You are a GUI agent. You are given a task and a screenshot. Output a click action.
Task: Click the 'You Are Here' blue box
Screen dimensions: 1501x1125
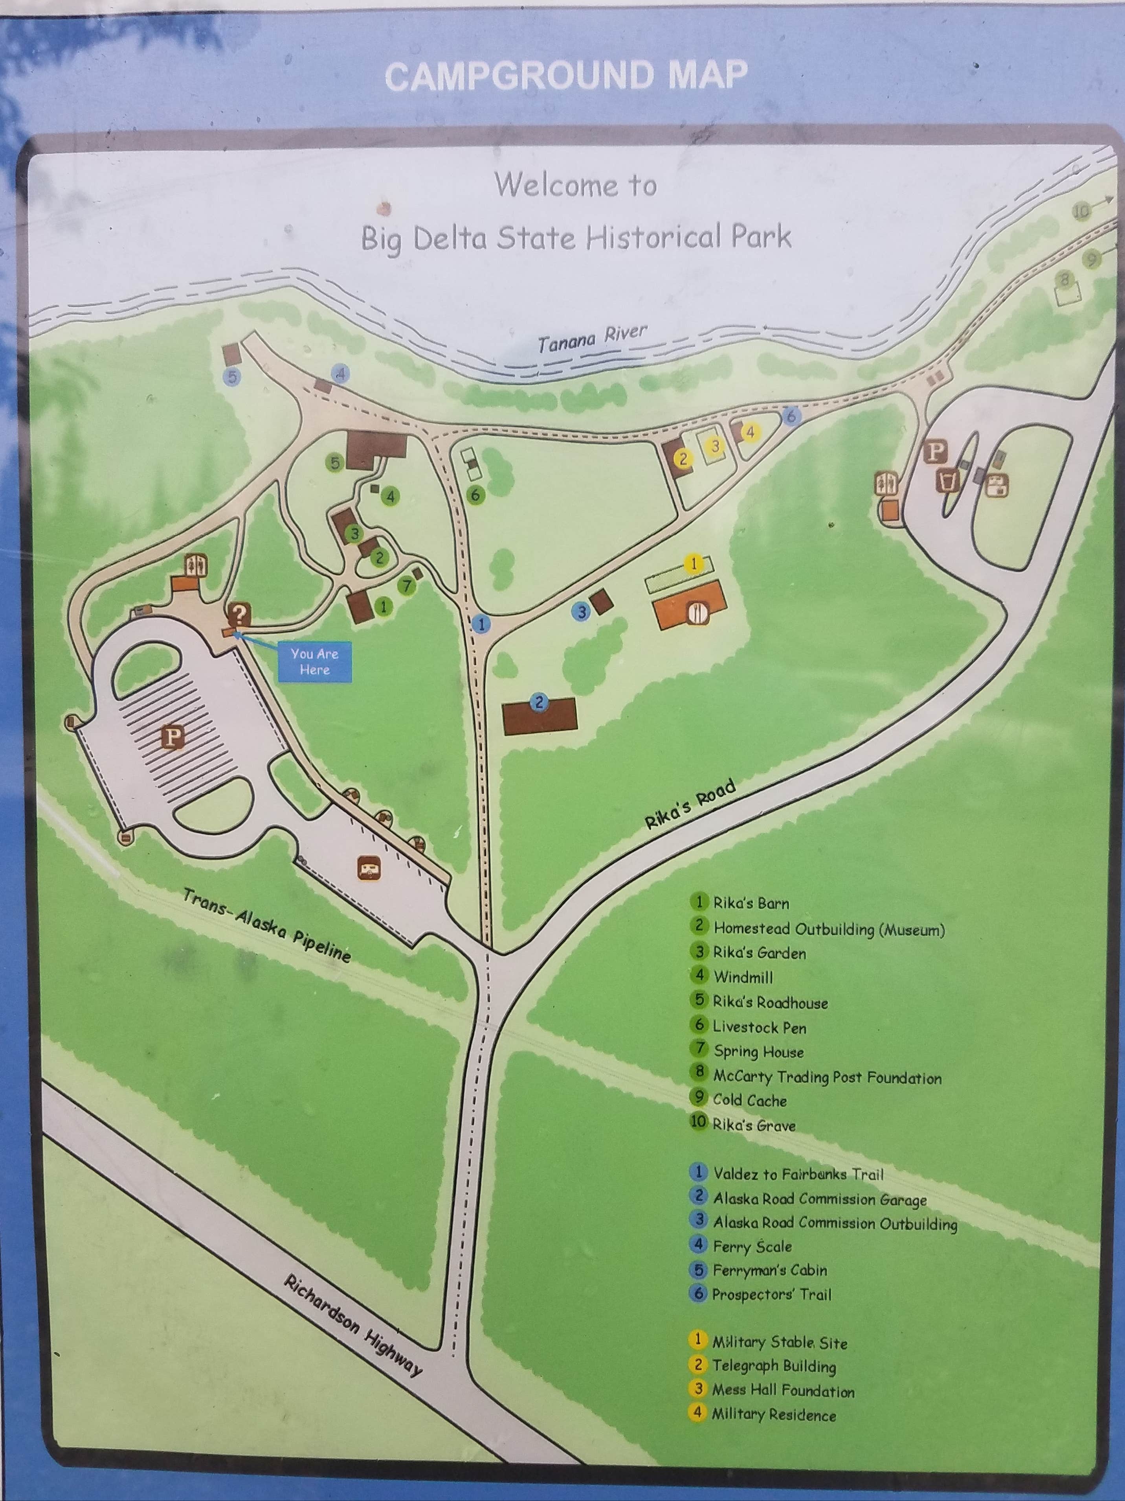[x=314, y=661]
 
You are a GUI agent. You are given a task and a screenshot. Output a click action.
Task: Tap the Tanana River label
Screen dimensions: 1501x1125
[x=592, y=338]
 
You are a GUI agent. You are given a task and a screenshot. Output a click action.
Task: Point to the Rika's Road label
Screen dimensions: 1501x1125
[x=690, y=805]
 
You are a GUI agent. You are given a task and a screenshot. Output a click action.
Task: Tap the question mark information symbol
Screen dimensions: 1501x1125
[x=239, y=614]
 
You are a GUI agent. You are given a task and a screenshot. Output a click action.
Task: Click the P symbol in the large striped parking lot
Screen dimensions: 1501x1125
[x=173, y=736]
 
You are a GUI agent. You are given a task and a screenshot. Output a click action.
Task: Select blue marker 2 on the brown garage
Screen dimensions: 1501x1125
[x=539, y=702]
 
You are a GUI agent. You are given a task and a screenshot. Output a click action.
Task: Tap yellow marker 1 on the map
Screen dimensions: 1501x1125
[x=693, y=563]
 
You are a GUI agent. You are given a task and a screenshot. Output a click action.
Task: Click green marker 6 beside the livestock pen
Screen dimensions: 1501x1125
[x=475, y=495]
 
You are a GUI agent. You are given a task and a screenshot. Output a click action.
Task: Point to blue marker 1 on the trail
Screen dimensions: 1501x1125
[x=481, y=623]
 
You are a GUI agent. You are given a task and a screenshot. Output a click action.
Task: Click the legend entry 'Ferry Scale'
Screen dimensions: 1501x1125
[x=751, y=1246]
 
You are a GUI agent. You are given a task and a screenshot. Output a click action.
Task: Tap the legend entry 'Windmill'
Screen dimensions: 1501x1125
[x=743, y=977]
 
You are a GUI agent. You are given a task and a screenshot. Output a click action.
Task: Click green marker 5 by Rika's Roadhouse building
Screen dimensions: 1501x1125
[x=334, y=463]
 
